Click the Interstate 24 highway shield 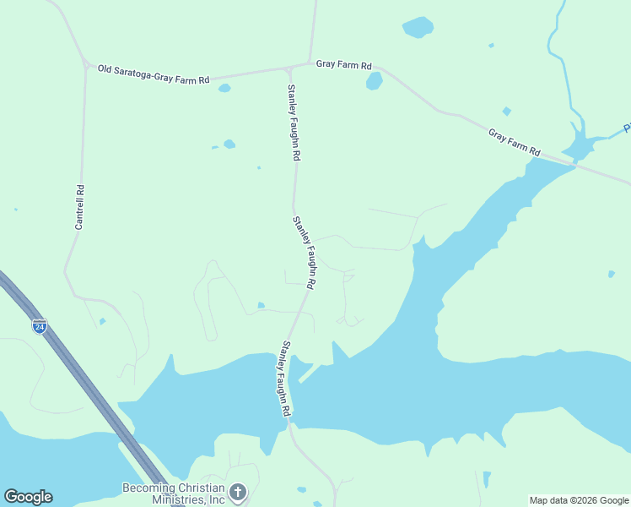click(x=40, y=324)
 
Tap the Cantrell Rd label click(x=79, y=208)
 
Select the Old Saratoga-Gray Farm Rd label click(x=154, y=74)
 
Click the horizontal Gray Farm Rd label click(x=343, y=64)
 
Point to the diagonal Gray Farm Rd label click(x=514, y=142)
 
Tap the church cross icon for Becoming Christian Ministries click(x=238, y=492)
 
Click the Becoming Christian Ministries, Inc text click(x=174, y=493)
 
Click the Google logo click(x=28, y=497)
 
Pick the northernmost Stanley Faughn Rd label click(x=294, y=123)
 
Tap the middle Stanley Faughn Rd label click(x=304, y=253)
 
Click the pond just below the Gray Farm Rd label click(x=374, y=81)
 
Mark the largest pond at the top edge click(x=418, y=27)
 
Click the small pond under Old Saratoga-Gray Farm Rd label click(x=224, y=88)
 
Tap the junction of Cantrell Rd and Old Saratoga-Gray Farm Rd click(x=86, y=64)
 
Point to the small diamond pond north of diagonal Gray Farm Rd click(x=506, y=111)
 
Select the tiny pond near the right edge click(x=612, y=274)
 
